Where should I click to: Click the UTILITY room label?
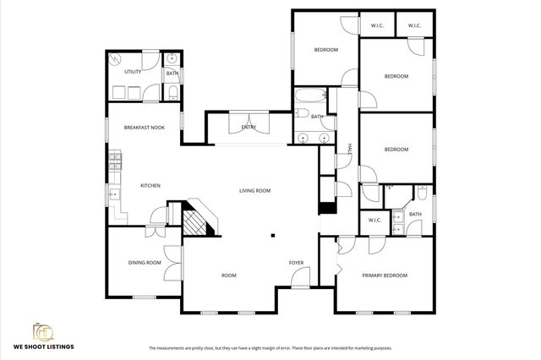133,72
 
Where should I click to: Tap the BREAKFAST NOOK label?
144,127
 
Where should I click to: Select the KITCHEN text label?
150,185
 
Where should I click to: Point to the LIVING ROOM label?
254,191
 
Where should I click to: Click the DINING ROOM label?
145,262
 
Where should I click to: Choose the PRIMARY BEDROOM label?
385,275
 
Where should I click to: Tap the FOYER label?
296,262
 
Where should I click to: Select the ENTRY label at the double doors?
249,127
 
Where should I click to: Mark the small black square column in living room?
272,236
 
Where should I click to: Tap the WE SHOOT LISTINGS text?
43,346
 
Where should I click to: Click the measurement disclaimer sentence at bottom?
270,347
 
